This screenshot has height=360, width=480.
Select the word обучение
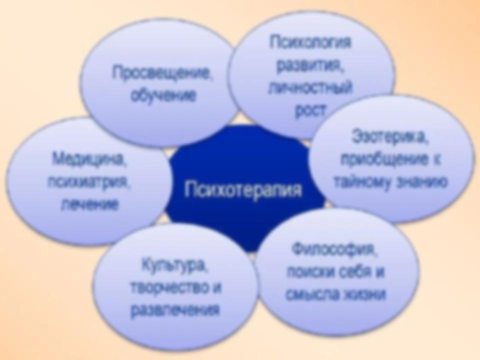point(163,95)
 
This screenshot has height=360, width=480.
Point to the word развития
point(310,65)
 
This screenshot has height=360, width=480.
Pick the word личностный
point(310,88)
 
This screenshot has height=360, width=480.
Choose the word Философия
point(335,250)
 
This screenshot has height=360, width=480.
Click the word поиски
point(309,272)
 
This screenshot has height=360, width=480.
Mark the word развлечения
point(175,310)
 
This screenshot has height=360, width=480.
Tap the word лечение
point(89,204)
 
